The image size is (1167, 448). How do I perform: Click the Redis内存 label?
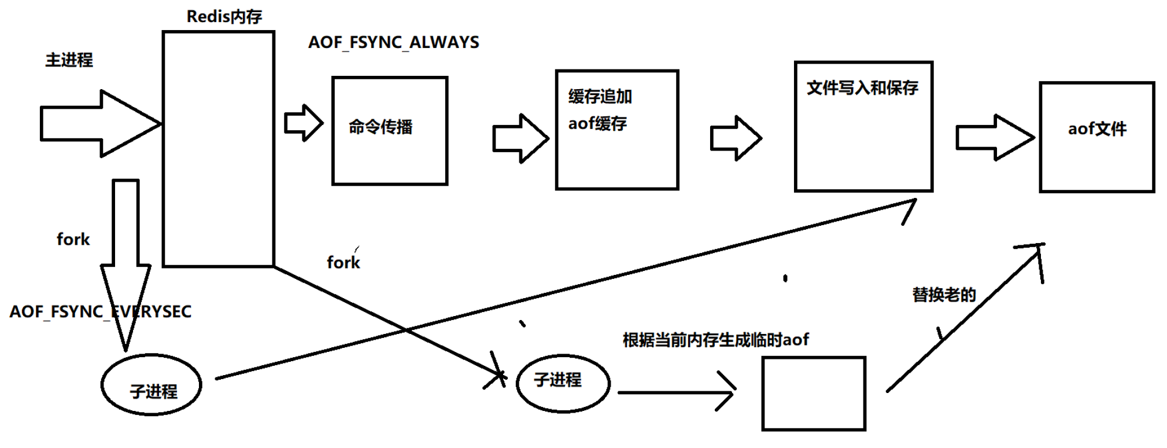pos(224,16)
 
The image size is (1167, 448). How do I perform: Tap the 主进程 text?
pos(69,60)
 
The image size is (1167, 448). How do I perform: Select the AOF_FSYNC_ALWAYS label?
pos(393,42)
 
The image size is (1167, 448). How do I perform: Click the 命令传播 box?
pos(390,131)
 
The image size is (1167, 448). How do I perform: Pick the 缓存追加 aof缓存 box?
pos(616,130)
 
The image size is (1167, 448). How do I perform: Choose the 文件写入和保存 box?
pos(863,126)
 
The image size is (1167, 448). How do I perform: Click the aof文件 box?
pos(1096,137)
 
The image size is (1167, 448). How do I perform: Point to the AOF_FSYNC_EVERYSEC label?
pos(100,311)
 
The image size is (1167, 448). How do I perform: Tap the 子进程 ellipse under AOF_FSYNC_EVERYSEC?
pos(152,385)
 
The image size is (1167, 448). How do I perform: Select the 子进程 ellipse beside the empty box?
pos(563,383)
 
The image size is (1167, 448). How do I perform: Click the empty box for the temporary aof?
pos(814,394)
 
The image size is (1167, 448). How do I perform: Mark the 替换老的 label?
pos(944,295)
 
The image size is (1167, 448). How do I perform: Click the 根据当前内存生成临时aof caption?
pos(715,340)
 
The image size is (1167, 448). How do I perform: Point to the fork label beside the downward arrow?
pos(73,239)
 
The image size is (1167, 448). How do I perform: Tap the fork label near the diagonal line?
pos(343,262)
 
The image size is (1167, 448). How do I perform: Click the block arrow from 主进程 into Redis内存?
pos(98,123)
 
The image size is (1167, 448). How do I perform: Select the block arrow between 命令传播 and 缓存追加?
pos(519,138)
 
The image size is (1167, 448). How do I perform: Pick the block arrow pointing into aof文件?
pos(994,137)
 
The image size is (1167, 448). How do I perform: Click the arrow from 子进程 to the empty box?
pos(677,392)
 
